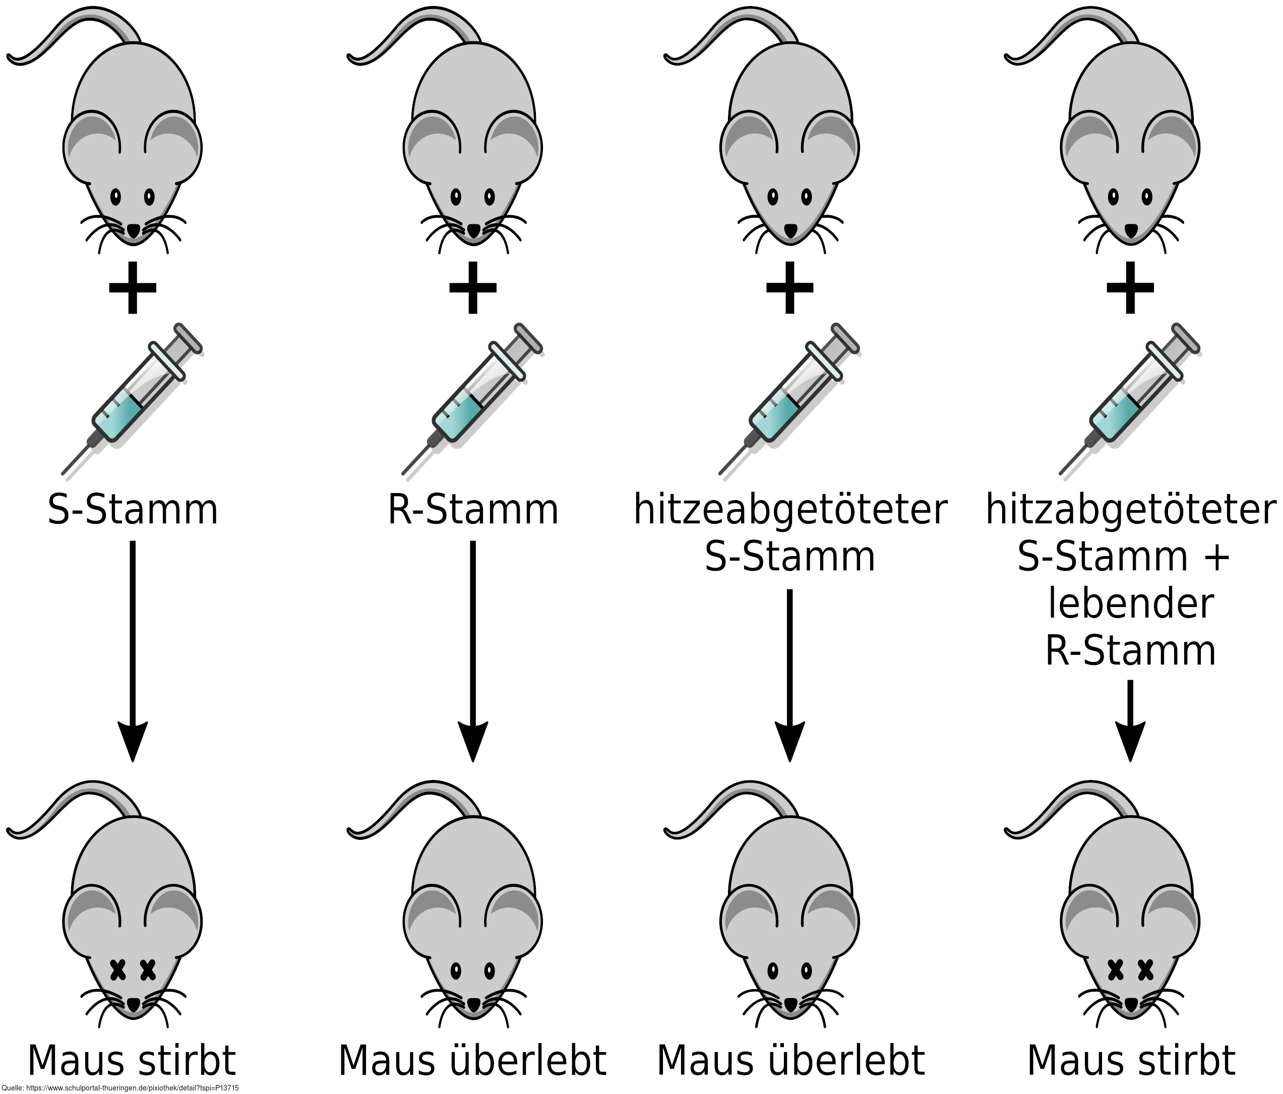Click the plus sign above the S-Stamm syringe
pyautogui.click(x=132, y=288)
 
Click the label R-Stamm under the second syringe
pyautogui.click(x=473, y=510)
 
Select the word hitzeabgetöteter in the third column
pyautogui.click(x=790, y=510)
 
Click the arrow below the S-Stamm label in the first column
pyautogui.click(x=132, y=650)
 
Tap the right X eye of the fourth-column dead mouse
pyautogui.click(x=1145, y=969)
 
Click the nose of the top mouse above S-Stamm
pyautogui.click(x=133, y=231)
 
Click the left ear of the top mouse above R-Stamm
pyautogui.click(x=431, y=142)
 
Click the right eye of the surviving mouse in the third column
pyautogui.click(x=806, y=969)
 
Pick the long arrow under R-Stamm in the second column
pyautogui.click(x=472, y=650)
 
